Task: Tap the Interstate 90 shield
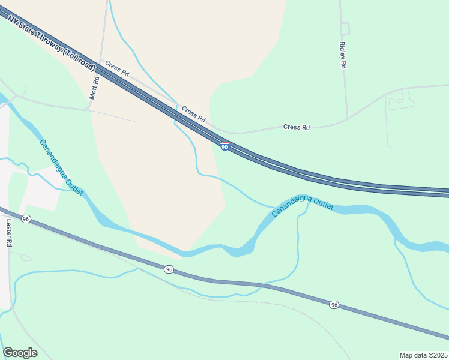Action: tap(224, 147)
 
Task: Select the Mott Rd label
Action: tap(94, 88)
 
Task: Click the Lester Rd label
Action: tap(9, 233)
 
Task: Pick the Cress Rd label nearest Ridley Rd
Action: tap(297, 127)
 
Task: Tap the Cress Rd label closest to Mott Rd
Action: tap(117, 68)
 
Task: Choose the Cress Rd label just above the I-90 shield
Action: tap(194, 113)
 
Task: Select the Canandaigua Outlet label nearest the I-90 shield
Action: tap(302, 205)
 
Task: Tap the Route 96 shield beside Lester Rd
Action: tap(26, 220)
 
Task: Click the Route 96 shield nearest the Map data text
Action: tap(334, 305)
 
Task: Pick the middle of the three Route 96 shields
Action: tap(169, 270)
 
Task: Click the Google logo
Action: tap(20, 353)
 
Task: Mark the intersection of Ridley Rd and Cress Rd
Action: tap(348, 119)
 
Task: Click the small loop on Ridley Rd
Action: tap(345, 28)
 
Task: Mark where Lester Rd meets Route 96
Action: tap(8, 213)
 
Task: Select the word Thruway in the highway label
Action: tap(48, 41)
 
